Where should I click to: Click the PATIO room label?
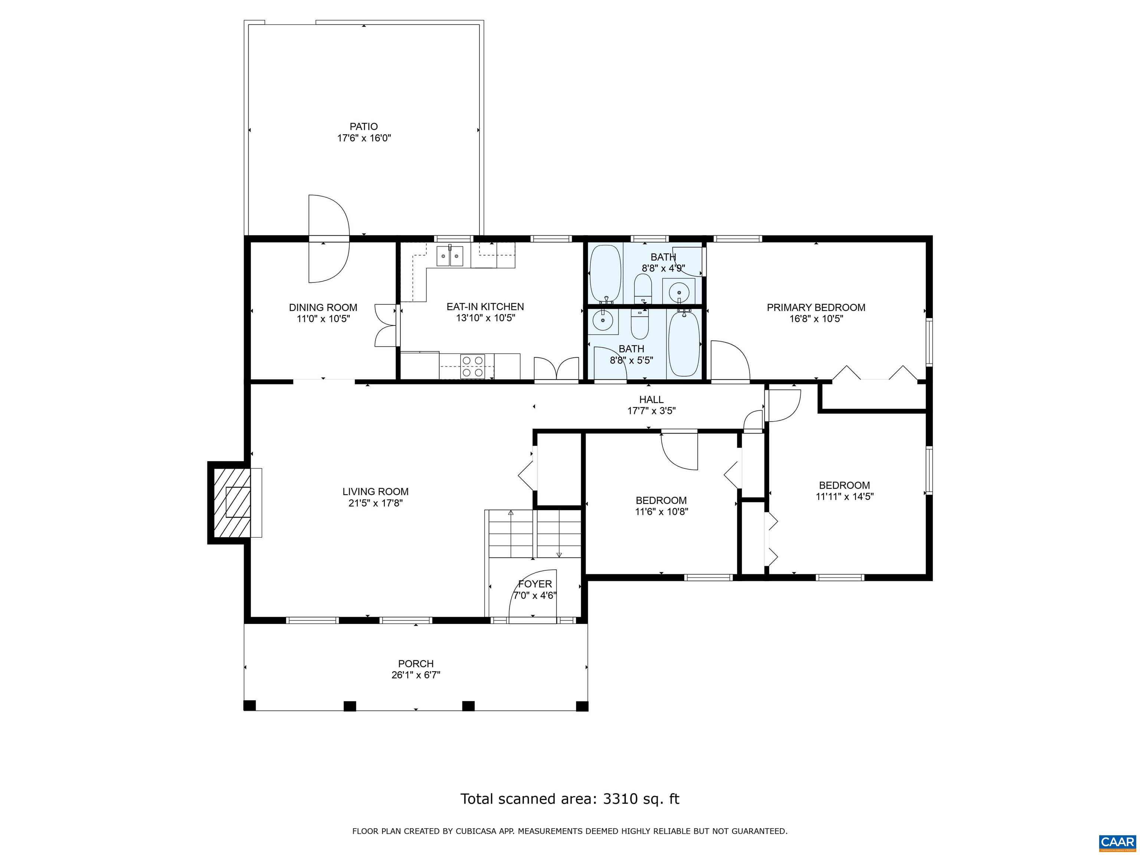coord(364,126)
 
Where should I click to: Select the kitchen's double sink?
coord(450,256)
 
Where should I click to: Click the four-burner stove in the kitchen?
coord(473,366)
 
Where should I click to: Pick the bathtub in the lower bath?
coord(684,343)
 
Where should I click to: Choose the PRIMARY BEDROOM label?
coord(816,308)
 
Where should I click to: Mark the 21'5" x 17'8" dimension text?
coord(375,503)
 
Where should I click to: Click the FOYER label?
coord(535,584)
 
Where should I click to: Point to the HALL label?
coord(651,399)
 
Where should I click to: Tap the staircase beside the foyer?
coord(534,534)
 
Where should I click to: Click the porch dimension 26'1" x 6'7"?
coord(416,675)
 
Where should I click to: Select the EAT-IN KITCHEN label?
coord(485,307)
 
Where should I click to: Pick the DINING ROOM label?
coord(323,308)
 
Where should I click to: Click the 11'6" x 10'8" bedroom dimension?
coord(662,512)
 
